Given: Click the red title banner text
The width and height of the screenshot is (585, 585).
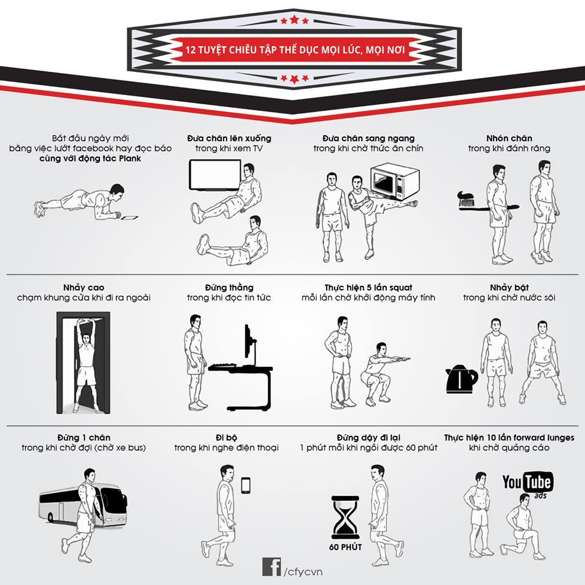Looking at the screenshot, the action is coord(295,49).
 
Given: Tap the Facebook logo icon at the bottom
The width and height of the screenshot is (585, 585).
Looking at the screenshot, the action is coord(271,567).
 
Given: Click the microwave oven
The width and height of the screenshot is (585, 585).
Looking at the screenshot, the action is coord(395,182).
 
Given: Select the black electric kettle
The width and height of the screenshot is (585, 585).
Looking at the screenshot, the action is coord(461,379).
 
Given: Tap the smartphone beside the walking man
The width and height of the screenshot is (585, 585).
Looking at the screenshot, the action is coord(246,486).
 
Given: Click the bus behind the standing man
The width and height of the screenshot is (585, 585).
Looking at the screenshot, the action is coord(83,505).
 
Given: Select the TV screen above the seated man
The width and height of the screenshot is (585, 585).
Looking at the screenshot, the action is coord(215,175).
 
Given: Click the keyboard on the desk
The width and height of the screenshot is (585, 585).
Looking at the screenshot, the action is coord(222,366).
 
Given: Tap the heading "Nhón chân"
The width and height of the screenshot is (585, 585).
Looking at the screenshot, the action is coord(509,138).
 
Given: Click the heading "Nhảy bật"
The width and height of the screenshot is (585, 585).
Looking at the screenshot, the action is coord(509,287).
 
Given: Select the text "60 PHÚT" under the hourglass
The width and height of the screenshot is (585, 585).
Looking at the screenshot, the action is coord(346,547).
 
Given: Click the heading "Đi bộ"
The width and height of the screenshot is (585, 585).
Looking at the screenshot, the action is coord(227,438).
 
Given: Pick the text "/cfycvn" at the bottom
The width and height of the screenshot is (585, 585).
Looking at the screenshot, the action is coord(303,572).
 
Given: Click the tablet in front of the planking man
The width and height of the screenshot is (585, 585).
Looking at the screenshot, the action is coord(129,217).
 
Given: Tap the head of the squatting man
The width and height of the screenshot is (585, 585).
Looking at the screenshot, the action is coord(381,348).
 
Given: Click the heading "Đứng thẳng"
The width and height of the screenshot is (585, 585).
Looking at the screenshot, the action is coord(229,287).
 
